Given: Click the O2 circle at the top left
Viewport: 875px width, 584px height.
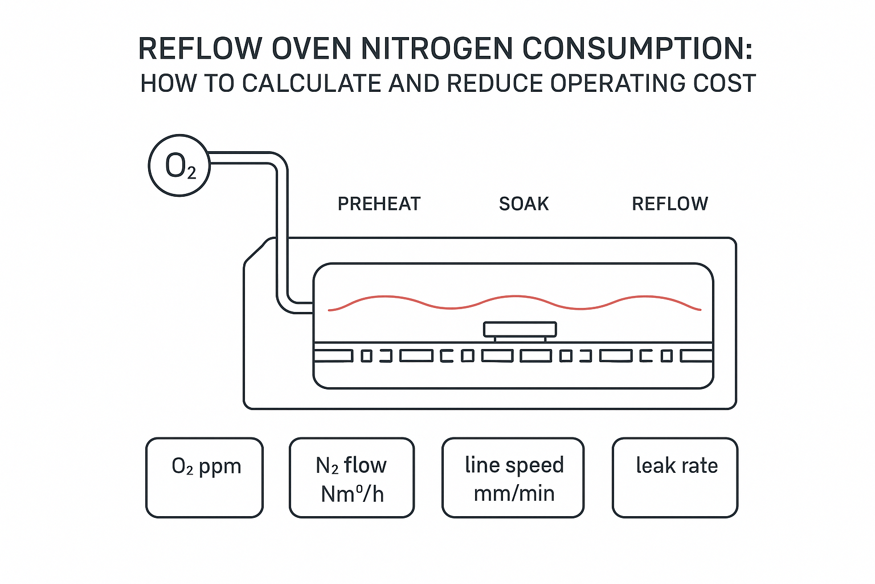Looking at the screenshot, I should click(179, 166).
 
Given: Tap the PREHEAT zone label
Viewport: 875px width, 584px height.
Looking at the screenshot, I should click(379, 204).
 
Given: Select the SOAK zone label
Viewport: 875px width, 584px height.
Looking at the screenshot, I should click(524, 204).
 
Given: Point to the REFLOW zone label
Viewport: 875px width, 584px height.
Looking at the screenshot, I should click(670, 204).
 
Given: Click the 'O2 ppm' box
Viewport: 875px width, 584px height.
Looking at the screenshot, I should click(205, 478).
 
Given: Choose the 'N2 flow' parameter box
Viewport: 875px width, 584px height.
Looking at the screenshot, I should click(351, 478).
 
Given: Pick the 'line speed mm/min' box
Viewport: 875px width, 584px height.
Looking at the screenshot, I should click(513, 478).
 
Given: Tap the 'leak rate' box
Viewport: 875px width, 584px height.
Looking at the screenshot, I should click(675, 478).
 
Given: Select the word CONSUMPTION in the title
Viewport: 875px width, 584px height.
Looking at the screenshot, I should click(637, 48).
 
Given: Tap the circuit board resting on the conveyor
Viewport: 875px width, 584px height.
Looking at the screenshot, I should click(520, 330).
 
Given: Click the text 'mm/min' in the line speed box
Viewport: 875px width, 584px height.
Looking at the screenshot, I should click(514, 493).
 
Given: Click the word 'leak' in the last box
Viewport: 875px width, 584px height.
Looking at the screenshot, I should click(656, 465).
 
